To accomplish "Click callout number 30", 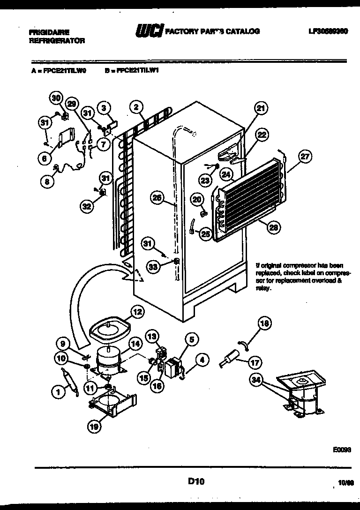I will [x=56, y=98].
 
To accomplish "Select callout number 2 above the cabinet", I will [x=136, y=106].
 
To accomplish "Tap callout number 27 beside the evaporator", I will [x=305, y=157].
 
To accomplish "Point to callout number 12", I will [x=136, y=311].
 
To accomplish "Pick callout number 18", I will [x=264, y=322].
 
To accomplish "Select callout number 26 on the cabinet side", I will [x=157, y=198].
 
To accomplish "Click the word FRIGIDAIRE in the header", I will [x=49, y=32].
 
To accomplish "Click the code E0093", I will [x=342, y=449].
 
